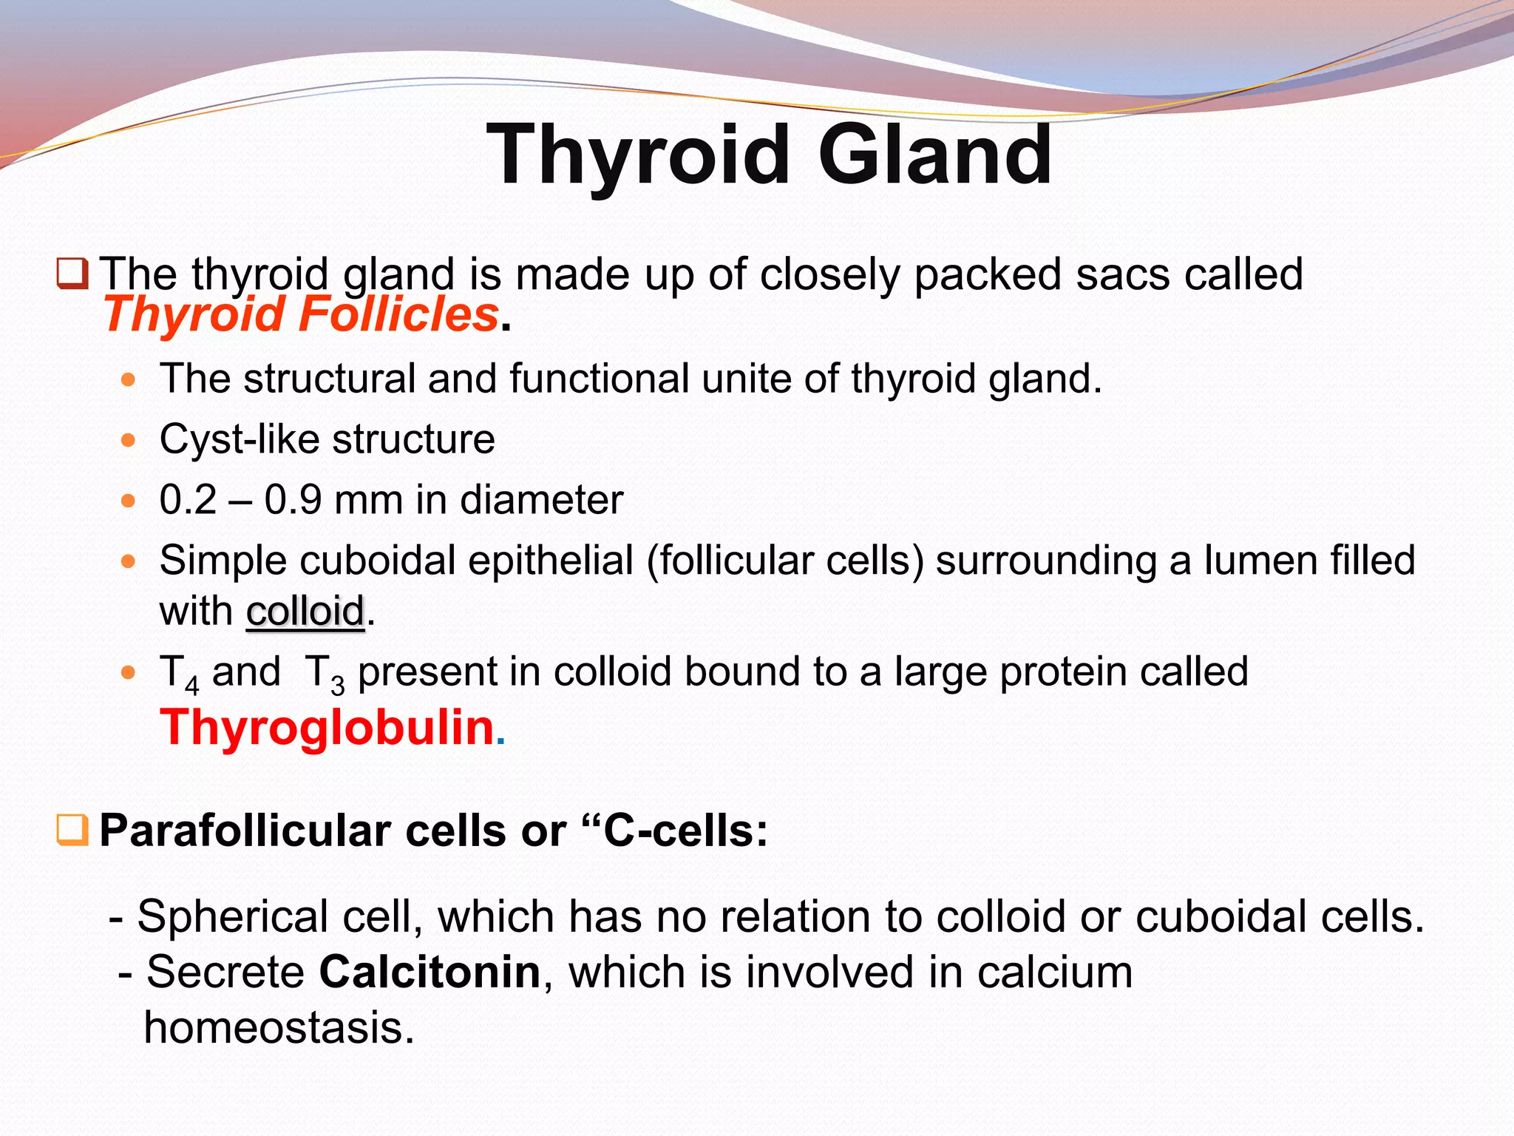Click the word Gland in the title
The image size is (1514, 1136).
[934, 155]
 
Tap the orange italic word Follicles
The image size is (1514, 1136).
[398, 314]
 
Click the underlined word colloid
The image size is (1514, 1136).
[305, 612]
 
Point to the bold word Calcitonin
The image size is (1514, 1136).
[430, 972]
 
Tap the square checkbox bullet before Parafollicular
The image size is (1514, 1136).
[72, 831]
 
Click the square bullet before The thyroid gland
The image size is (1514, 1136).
[72, 274]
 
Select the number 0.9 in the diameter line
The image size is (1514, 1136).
[293, 500]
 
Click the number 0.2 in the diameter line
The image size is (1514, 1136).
[188, 500]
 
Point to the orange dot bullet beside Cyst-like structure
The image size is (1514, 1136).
[129, 441]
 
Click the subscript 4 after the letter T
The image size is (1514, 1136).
[191, 686]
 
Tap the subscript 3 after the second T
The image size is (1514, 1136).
[337, 686]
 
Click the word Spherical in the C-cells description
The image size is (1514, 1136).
[232, 917]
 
